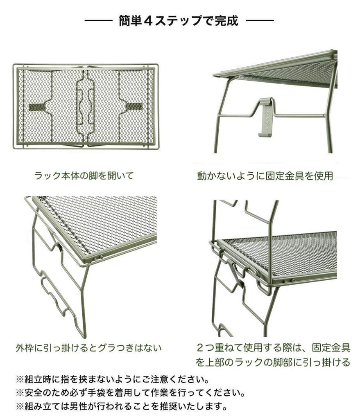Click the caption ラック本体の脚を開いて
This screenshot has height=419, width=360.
coord(84,176)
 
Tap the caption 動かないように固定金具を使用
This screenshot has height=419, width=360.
coord(265,176)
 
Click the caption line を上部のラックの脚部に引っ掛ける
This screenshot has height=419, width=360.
coord(273,363)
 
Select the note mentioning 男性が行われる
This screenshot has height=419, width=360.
coord(121,407)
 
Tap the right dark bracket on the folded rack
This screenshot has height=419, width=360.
coord(134,106)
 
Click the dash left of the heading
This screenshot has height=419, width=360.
coord(98,20)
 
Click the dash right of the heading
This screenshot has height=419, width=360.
coord(260,20)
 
